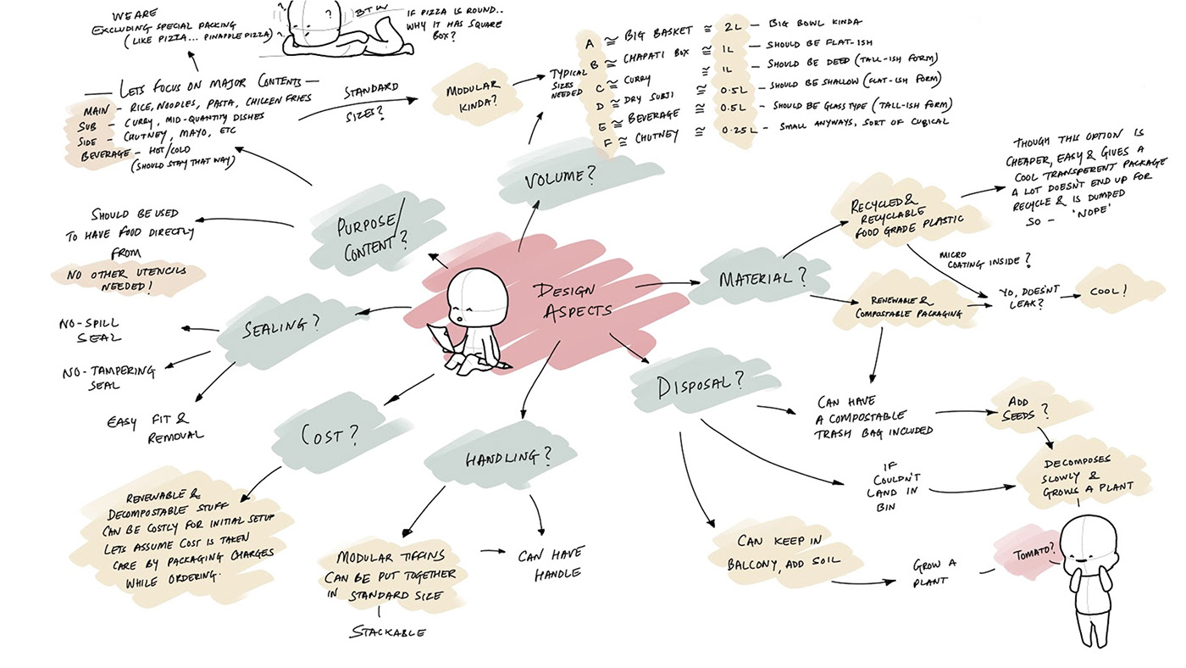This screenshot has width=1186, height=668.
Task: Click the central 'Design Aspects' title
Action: pyautogui.click(x=573, y=301)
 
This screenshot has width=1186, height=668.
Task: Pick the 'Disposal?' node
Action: pyautogui.click(x=701, y=384)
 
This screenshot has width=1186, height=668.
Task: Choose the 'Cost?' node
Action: pyautogui.click(x=330, y=436)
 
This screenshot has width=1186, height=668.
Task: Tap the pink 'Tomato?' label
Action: pyautogui.click(x=1034, y=553)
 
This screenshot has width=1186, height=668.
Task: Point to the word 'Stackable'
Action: pyautogui.click(x=389, y=632)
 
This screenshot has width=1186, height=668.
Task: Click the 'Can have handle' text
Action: pyautogui.click(x=550, y=565)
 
